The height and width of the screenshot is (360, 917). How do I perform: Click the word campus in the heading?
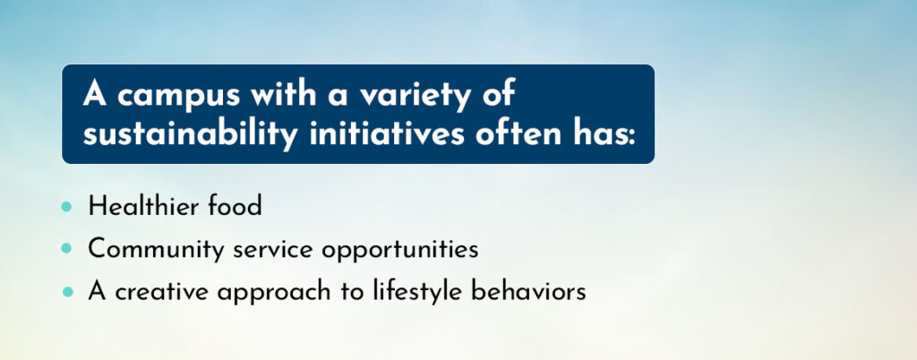[178, 96]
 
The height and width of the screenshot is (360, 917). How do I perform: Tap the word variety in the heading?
[415, 95]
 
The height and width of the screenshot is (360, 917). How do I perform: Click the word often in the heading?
[514, 132]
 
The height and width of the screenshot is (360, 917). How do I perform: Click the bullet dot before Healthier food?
[66, 206]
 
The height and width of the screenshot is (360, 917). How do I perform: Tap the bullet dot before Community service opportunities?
[66, 248]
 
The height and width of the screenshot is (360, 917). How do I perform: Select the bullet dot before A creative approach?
[68, 291]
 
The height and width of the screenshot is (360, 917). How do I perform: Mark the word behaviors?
[528, 292]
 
